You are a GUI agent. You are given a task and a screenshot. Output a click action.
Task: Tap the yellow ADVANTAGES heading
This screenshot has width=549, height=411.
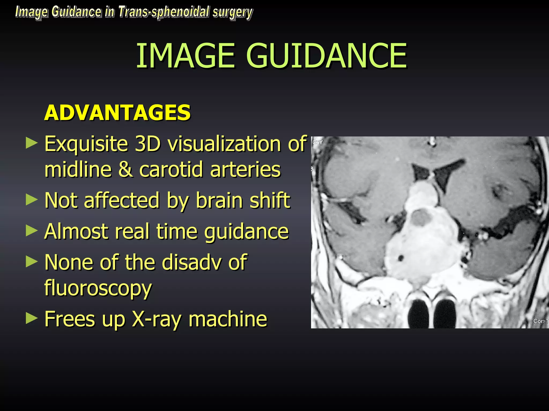coord(117,113)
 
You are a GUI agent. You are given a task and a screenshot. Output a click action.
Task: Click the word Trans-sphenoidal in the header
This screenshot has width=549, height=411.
coord(164,12)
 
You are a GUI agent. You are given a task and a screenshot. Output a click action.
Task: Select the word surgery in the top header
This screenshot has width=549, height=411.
coord(232,13)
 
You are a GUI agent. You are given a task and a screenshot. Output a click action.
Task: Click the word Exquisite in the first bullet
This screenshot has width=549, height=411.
coord(86,144)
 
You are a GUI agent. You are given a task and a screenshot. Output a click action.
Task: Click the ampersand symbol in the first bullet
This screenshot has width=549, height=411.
coord(125,170)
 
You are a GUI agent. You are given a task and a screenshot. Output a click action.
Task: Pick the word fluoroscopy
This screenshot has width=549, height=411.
coord(98,289)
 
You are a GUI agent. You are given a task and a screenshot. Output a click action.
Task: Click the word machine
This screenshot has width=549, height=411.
coord(228,319)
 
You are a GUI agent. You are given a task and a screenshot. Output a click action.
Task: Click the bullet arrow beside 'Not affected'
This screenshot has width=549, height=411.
coord(32,200)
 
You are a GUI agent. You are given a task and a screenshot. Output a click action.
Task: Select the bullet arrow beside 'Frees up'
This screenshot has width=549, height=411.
coord(32,319)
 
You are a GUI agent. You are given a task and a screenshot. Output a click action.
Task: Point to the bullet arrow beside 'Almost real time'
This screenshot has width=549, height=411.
coord(32,231)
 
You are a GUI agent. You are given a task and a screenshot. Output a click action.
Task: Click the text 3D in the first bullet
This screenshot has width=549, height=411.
coord(148,144)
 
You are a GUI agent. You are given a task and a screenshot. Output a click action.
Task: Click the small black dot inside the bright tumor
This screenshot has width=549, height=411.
coord(401,258)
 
